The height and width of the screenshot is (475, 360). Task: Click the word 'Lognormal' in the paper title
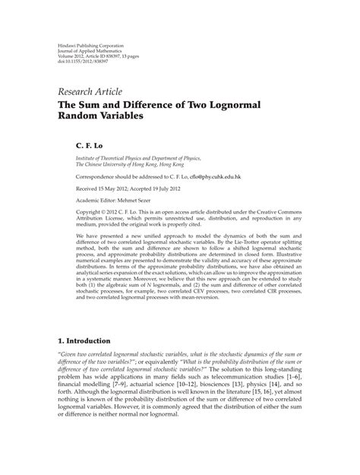click(249, 107)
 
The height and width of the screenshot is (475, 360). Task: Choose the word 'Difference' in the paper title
click(169, 107)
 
